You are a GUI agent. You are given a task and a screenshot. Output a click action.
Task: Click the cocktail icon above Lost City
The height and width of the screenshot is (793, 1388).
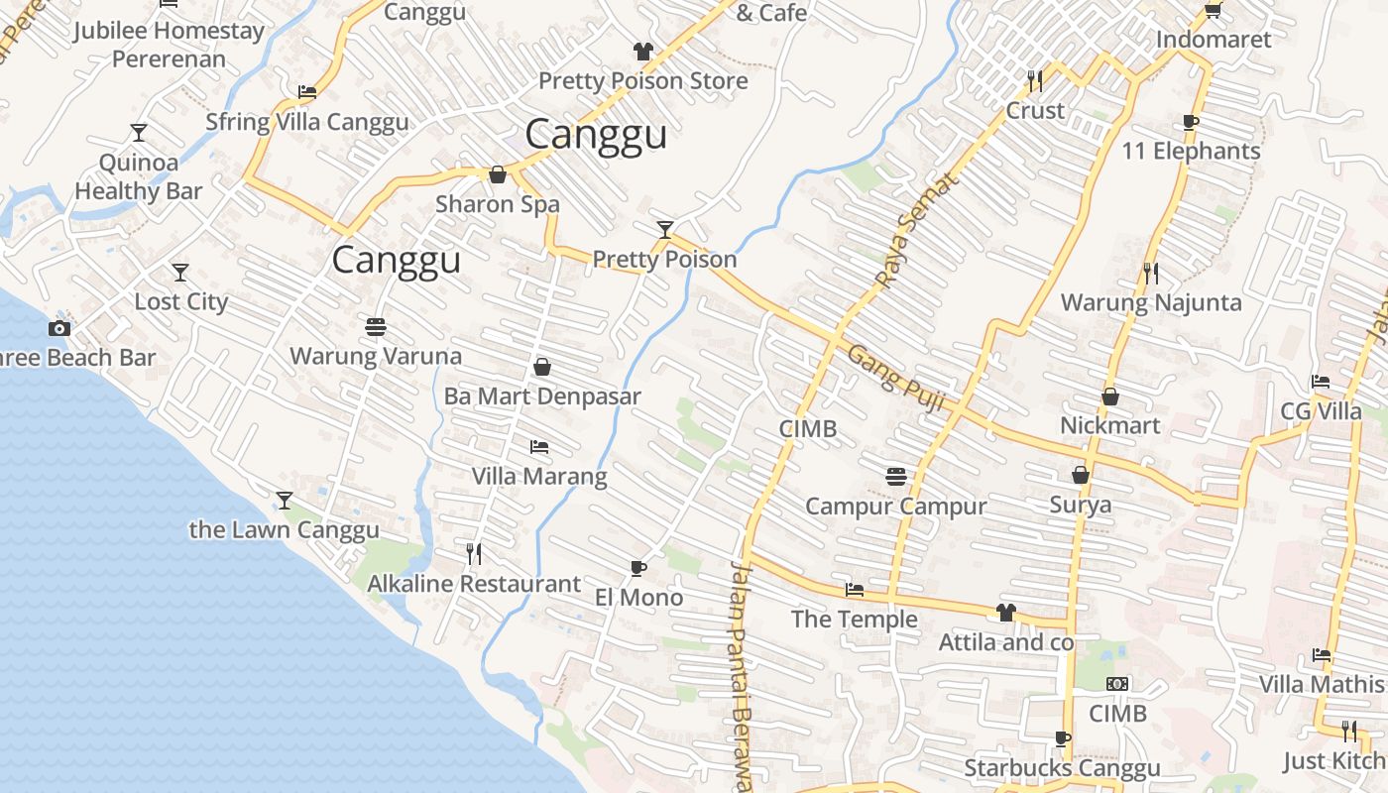(179, 272)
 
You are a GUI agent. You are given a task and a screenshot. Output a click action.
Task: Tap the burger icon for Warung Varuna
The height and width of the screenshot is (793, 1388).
(375, 326)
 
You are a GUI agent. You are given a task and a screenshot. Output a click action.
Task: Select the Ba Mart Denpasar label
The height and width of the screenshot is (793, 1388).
(542, 396)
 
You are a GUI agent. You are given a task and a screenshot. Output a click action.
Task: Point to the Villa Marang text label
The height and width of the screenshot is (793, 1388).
(539, 477)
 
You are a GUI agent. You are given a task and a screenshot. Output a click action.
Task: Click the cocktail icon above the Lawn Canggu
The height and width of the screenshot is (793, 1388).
(285, 500)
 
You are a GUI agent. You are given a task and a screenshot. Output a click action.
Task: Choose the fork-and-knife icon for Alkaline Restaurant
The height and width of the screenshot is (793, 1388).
(474, 554)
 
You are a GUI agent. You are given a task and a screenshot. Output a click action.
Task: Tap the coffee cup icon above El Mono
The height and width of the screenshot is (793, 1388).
(638, 568)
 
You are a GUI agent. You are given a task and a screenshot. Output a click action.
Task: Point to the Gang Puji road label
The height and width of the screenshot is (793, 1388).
(896, 377)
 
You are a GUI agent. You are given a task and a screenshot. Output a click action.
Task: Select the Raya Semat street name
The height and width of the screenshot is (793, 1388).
(918, 230)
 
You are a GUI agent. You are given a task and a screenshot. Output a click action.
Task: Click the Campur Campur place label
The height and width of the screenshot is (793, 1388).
(895, 507)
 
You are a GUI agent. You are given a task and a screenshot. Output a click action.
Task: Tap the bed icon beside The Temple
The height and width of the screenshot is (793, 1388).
(854, 590)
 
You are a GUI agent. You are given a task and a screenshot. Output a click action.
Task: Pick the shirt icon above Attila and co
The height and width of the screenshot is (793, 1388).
(1006, 613)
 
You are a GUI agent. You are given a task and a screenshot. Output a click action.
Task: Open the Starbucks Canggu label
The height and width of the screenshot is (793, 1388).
(1062, 768)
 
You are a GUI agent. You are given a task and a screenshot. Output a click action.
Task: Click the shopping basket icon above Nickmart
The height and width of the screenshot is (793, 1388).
(1109, 396)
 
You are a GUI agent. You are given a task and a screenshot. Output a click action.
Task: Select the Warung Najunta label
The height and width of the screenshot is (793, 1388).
(1151, 302)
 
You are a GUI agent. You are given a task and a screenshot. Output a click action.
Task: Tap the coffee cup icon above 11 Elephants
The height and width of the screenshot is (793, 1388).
(1191, 122)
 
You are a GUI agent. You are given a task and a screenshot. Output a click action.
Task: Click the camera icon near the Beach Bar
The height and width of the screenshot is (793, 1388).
(59, 328)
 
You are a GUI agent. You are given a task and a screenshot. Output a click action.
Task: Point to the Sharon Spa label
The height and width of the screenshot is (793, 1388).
(498, 205)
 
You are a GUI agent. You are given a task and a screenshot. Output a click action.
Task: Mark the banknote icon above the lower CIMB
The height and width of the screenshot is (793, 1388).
(1117, 684)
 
